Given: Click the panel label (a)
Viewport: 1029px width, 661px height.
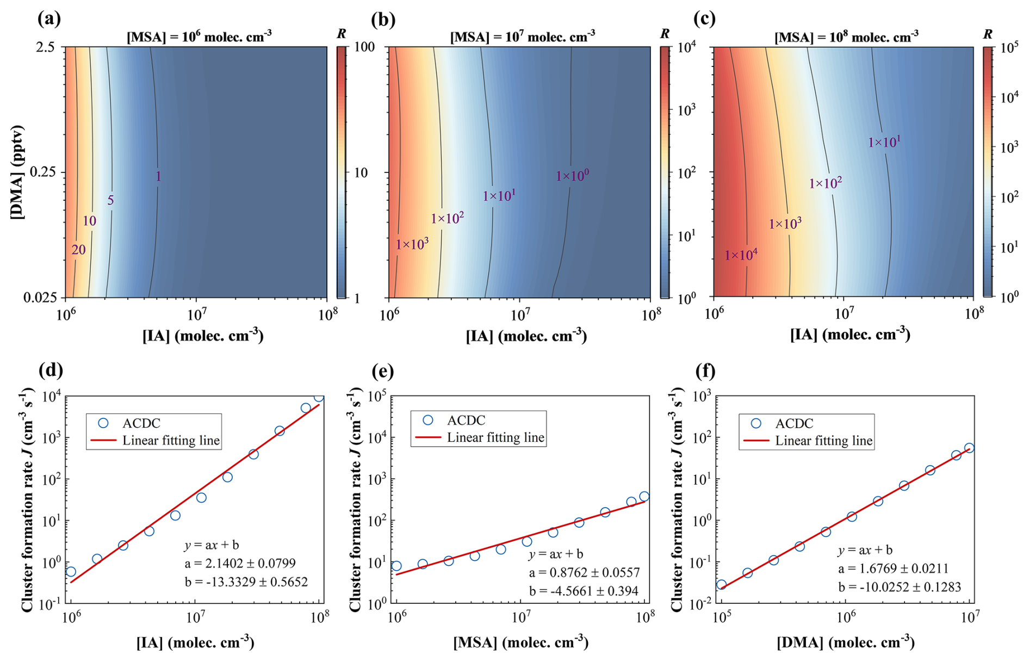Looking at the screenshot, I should tap(49, 19).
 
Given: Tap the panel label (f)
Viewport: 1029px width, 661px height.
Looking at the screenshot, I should tap(705, 371).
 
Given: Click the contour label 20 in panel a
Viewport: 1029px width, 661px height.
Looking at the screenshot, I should tap(79, 250).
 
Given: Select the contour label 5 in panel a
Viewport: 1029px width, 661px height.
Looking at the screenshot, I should tap(110, 200).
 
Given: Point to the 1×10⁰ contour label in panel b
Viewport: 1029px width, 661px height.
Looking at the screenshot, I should tap(572, 176).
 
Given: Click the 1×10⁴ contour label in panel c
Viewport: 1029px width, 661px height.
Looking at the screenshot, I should tap(741, 255).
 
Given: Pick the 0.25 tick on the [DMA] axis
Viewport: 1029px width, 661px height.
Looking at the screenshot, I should tap(43, 172).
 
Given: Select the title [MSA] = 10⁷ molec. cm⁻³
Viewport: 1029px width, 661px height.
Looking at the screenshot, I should tap(522, 36).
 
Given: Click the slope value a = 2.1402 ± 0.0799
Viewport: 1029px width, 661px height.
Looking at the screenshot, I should tap(240, 564).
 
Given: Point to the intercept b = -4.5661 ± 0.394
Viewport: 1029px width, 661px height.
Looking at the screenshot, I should tap(584, 591).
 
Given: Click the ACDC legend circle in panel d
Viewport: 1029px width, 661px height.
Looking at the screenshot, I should tap(103, 423).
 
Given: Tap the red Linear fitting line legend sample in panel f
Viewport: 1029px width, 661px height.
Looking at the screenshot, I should tap(756, 441).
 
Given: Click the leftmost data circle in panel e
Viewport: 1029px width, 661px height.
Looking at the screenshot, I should tap(396, 566).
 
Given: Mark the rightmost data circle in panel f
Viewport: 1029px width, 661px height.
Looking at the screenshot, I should tap(969, 448).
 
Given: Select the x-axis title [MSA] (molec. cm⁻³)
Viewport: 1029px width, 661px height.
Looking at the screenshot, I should tap(520, 643).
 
